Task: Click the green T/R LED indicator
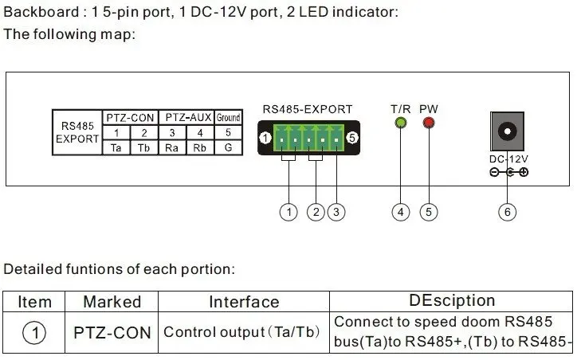point(400,123)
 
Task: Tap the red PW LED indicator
point(429,123)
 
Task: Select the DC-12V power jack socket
point(507,131)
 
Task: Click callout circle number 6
point(507,212)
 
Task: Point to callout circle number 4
point(401,212)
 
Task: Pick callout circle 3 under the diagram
point(336,212)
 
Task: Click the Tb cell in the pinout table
point(144,148)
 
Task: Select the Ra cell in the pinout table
point(172,148)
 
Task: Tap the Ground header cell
point(228,118)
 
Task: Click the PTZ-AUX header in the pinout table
point(188,118)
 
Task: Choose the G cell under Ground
point(228,148)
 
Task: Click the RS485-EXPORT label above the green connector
point(308,109)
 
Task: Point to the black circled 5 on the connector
point(352,138)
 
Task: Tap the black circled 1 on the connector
point(265,139)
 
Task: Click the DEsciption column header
point(452,300)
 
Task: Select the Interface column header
point(244,303)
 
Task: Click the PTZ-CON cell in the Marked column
point(112,333)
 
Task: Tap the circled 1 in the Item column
point(34,333)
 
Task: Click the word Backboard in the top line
point(41,12)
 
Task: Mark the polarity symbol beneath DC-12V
point(509,172)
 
